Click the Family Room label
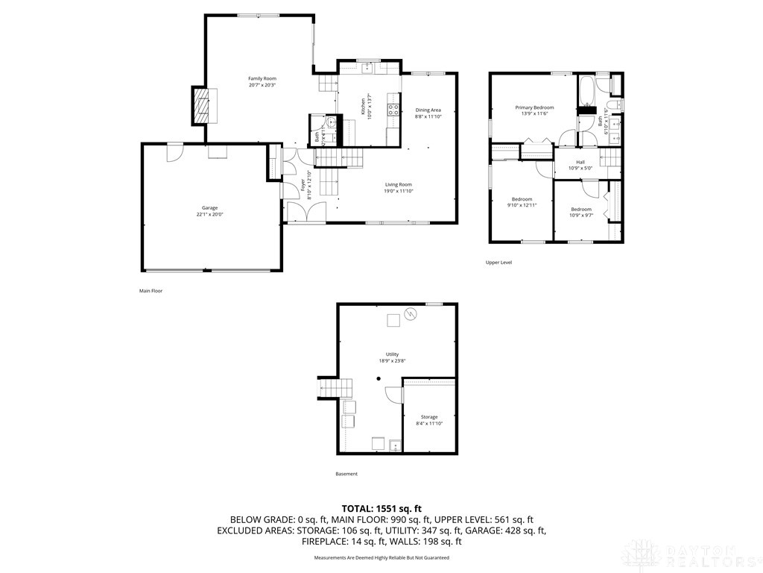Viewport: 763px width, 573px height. (x=262, y=78)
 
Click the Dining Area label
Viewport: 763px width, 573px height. (x=428, y=110)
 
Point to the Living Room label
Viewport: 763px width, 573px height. (x=398, y=184)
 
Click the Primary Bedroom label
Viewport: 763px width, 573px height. (x=534, y=107)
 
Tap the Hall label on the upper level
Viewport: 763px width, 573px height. (x=580, y=162)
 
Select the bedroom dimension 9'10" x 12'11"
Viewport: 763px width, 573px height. (x=522, y=205)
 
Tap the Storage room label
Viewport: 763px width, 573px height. (x=428, y=417)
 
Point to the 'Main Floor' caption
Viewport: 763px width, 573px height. (x=151, y=291)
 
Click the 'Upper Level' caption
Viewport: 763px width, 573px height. (x=498, y=263)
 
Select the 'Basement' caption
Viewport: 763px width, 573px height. (x=346, y=474)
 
